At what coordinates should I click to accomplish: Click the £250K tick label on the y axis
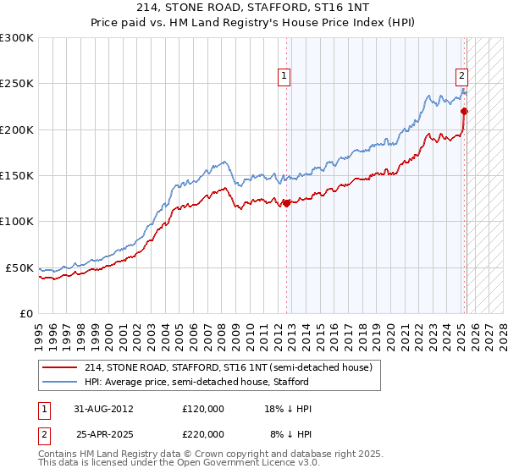pyautogui.click(x=17, y=84)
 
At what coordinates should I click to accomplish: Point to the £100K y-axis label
pyautogui.click(x=17, y=221)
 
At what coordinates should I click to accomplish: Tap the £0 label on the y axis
pyautogui.click(x=26, y=313)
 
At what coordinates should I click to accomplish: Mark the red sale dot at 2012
pyautogui.click(x=286, y=203)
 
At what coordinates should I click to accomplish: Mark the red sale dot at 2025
pyautogui.click(x=464, y=111)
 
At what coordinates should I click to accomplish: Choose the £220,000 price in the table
pyautogui.click(x=202, y=434)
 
